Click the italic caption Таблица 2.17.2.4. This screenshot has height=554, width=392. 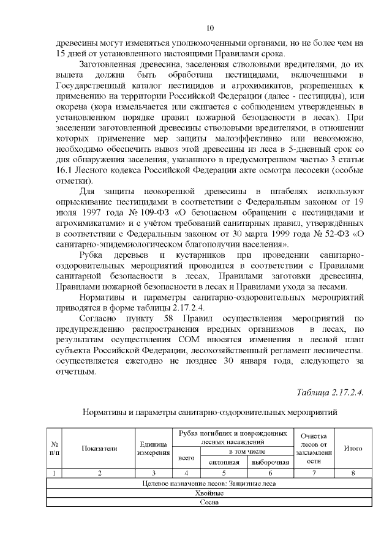click(x=330, y=392)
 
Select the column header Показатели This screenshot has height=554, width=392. click(x=99, y=448)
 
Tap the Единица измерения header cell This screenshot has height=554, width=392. click(x=153, y=448)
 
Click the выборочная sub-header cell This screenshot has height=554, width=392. click(x=269, y=462)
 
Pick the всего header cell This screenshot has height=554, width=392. click(x=186, y=457)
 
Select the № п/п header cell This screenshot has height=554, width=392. click(x=55, y=448)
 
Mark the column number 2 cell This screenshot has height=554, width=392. click(x=99, y=473)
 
